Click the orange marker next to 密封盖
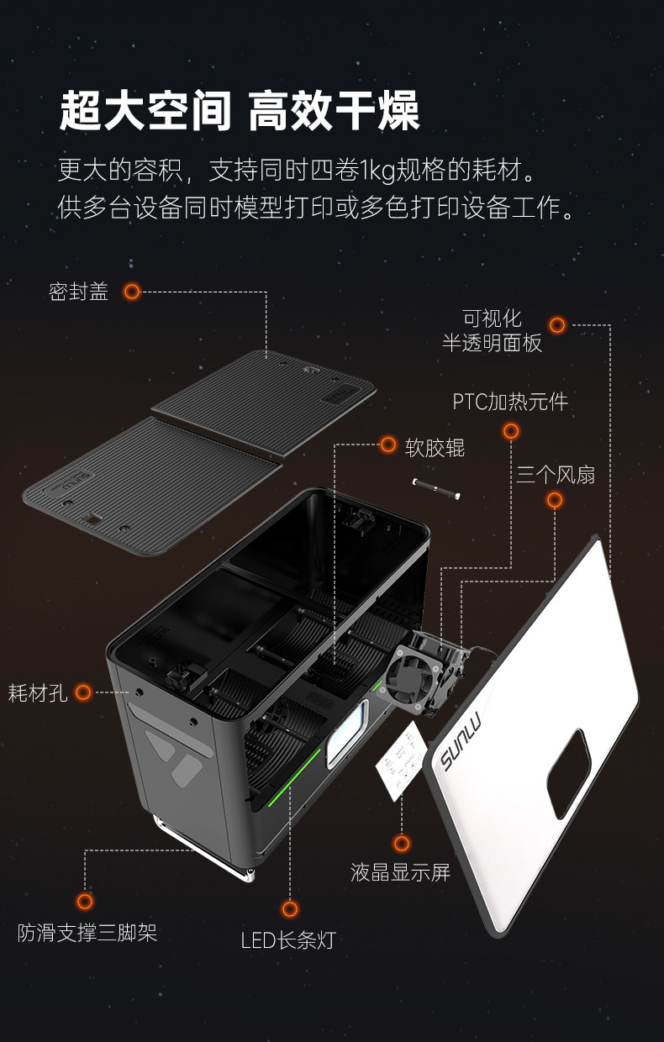tap(132, 292)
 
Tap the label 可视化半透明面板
tap(492, 331)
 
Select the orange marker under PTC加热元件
tap(511, 431)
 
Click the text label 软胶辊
tap(435, 448)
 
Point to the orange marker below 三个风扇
tap(554, 500)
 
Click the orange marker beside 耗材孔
tap(84, 692)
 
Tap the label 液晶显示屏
tap(400, 872)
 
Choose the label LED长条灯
tap(288, 940)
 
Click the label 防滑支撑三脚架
tap(87, 933)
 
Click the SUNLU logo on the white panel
tap(461, 744)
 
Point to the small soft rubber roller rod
tap(436, 489)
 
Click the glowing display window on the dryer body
tap(346, 734)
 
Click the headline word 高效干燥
tap(334, 111)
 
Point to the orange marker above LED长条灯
tap(289, 908)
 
